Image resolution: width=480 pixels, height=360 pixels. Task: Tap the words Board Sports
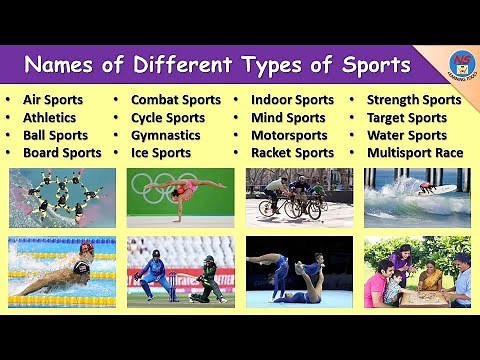point(62,153)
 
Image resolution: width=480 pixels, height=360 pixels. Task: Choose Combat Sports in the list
point(176,100)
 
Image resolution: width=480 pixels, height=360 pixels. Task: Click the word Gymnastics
point(166,135)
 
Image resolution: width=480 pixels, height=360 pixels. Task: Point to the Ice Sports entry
point(160,153)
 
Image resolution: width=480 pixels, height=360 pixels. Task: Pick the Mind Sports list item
point(288,118)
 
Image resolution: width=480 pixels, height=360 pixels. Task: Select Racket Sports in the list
point(292,153)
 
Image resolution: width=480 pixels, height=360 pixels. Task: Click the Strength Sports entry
point(414,100)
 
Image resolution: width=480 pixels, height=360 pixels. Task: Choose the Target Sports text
point(407,118)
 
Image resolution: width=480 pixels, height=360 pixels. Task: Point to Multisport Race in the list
point(414,153)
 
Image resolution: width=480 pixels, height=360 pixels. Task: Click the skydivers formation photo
point(62,197)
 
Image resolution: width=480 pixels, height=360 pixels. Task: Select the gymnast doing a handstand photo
point(180,197)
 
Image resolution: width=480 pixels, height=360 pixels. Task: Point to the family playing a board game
point(417,271)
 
